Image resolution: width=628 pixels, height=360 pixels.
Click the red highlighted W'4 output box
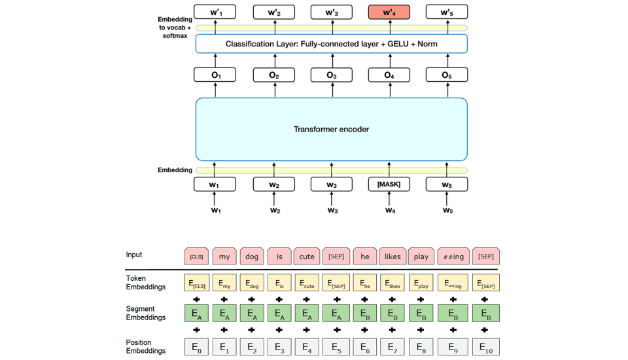click(389, 12)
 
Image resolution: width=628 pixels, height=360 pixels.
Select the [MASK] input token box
click(389, 184)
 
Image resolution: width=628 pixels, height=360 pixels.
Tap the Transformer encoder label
click(331, 130)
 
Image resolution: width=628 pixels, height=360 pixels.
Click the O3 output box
click(332, 75)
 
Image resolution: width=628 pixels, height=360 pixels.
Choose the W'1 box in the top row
click(215, 12)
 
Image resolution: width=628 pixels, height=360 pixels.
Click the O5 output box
click(447, 75)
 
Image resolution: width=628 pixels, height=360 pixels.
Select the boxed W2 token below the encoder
click(274, 185)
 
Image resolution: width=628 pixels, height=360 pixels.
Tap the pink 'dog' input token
click(252, 256)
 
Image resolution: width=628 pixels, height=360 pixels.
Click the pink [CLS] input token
click(196, 256)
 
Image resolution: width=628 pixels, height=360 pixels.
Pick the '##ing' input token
click(453, 256)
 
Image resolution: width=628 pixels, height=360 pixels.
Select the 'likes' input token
click(392, 256)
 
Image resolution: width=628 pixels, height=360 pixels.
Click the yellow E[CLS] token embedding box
click(196, 283)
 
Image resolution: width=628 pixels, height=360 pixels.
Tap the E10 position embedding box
click(485, 347)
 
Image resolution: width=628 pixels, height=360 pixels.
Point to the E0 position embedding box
click(196, 347)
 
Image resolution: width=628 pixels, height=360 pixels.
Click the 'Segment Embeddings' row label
click(141, 313)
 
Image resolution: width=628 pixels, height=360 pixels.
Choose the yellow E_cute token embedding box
click(307, 283)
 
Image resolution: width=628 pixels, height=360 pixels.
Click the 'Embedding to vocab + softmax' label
click(175, 27)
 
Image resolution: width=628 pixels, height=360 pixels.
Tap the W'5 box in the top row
click(447, 12)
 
